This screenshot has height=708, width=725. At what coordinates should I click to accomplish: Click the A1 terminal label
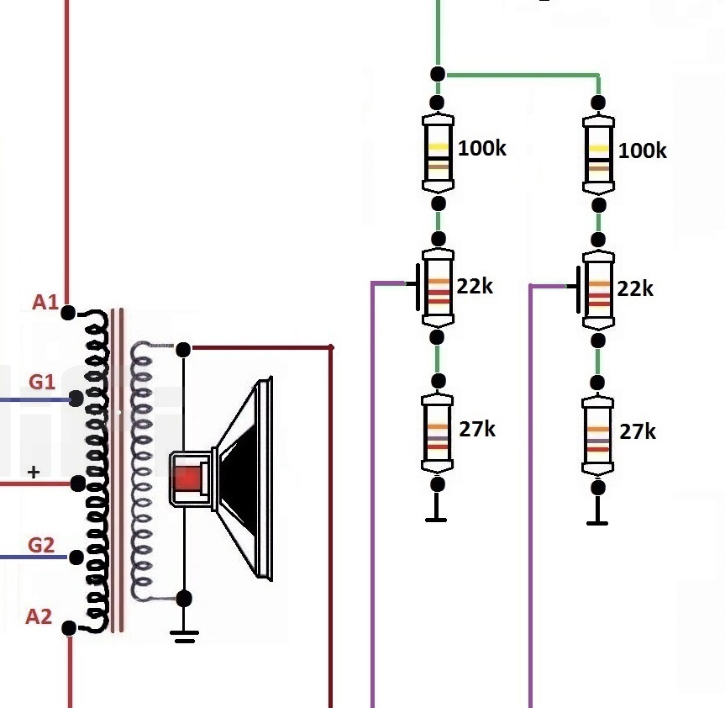(x=45, y=302)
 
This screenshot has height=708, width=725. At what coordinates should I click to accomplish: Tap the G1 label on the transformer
(x=42, y=383)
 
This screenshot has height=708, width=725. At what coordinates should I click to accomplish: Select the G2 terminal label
(x=42, y=545)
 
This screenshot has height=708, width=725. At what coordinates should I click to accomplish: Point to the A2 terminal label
(x=39, y=617)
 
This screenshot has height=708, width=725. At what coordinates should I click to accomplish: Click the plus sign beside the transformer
(x=34, y=473)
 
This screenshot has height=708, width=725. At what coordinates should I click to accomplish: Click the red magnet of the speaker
(x=189, y=478)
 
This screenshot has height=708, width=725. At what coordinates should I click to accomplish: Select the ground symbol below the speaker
(x=184, y=636)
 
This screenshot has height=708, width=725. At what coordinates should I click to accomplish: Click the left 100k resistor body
(x=437, y=153)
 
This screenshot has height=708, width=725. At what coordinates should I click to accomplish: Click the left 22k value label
(x=475, y=286)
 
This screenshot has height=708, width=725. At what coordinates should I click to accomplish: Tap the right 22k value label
(x=635, y=288)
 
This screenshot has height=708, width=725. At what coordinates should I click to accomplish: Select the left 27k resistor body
(x=437, y=436)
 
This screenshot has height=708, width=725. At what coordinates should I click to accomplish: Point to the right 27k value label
(x=638, y=431)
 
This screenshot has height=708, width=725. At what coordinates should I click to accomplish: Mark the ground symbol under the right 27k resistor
(x=597, y=520)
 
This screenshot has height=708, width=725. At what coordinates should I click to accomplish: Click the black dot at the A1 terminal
(x=68, y=313)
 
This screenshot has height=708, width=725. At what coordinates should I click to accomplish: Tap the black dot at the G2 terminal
(x=76, y=557)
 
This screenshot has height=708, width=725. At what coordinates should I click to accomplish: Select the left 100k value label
(x=482, y=149)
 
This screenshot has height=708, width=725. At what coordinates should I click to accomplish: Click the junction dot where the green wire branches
(x=437, y=74)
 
